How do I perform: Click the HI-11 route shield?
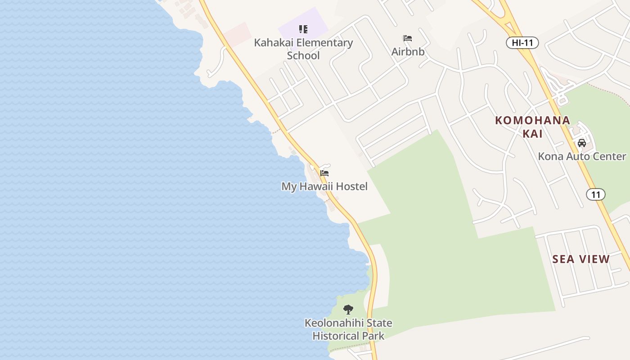(522, 43)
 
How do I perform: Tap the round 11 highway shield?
(595, 194)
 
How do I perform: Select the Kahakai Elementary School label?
(303, 49)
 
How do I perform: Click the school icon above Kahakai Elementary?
(303, 29)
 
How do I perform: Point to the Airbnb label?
(408, 52)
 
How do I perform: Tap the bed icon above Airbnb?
(408, 38)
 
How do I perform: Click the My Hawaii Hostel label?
(324, 186)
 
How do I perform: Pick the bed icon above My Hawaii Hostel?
(324, 173)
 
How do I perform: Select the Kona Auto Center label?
(582, 157)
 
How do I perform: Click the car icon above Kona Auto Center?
(582, 143)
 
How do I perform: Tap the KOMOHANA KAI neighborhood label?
(532, 127)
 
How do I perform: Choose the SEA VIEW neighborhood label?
(581, 259)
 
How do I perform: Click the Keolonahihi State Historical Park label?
(348, 329)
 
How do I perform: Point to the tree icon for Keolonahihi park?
(348, 310)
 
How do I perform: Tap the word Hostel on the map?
(350, 186)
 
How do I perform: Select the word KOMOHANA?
(532, 121)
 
